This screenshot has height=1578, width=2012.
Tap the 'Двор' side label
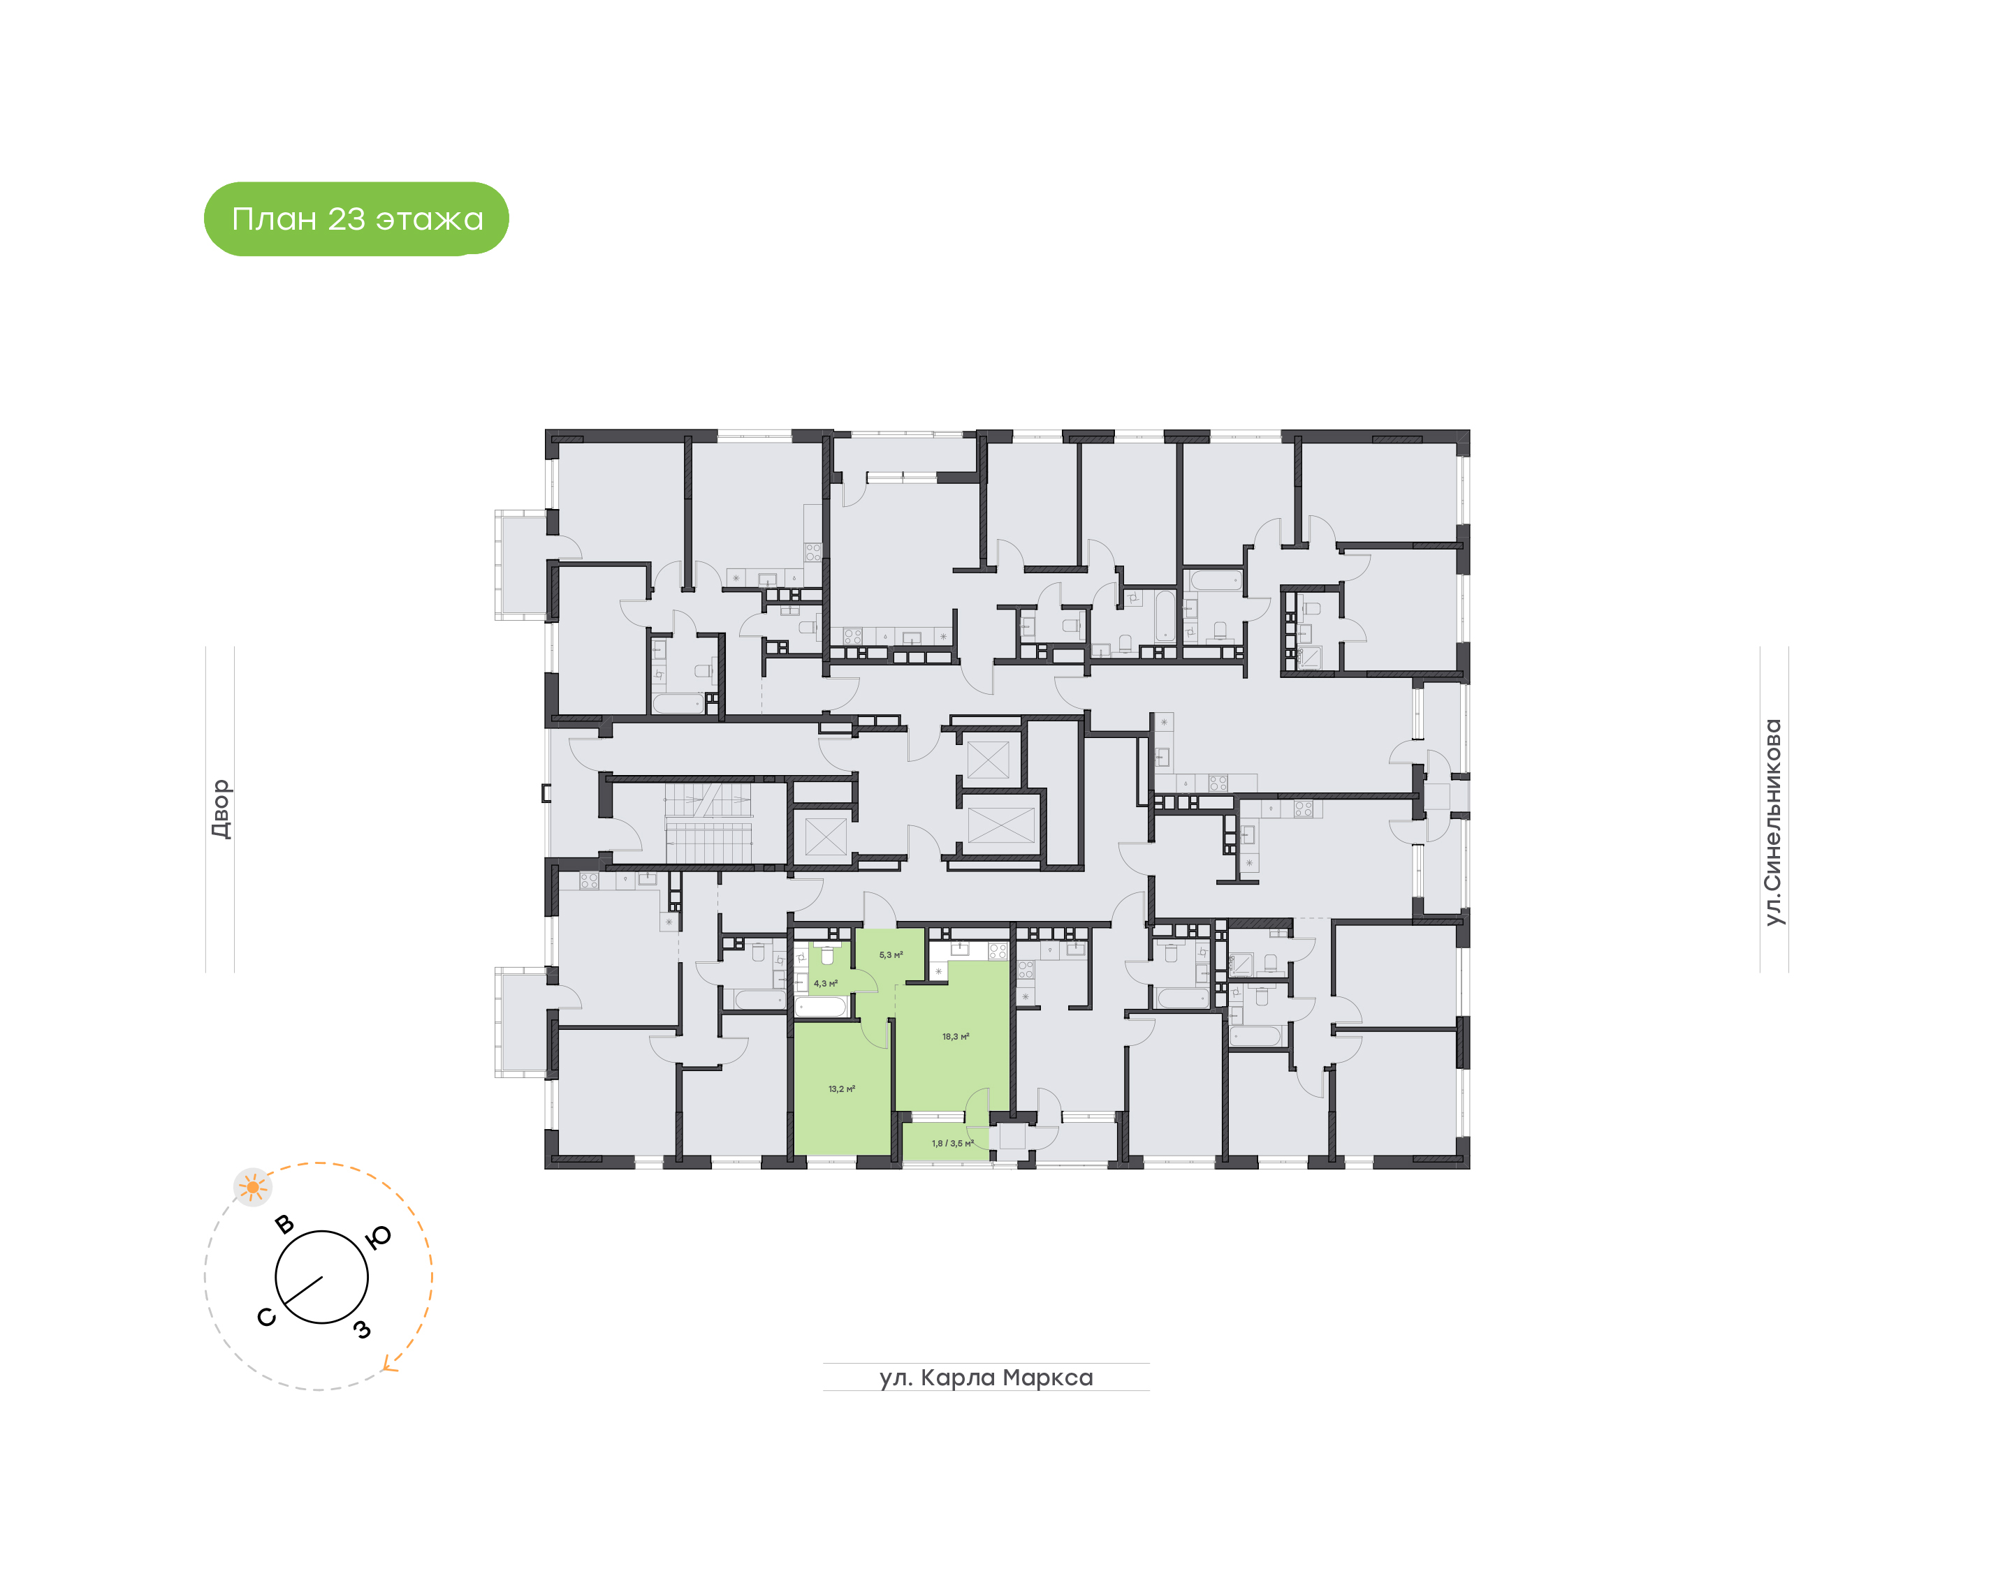click(220, 809)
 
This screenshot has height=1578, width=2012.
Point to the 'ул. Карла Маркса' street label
click(986, 1378)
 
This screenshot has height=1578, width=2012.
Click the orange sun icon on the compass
click(252, 1187)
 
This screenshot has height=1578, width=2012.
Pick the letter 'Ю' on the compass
click(379, 1238)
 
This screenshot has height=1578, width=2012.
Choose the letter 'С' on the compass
click(266, 1318)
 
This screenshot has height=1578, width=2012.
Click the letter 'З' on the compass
click(363, 1329)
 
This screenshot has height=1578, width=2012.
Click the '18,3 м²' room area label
click(955, 1037)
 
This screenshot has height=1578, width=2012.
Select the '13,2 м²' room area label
click(841, 1089)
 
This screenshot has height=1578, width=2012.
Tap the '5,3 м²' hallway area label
click(890, 954)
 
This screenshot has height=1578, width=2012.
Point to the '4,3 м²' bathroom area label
click(825, 984)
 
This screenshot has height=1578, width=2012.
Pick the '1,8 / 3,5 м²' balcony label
click(952, 1144)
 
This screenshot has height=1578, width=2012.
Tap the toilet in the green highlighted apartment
click(828, 954)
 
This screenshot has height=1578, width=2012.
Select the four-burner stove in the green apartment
click(997, 951)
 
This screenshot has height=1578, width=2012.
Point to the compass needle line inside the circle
click(303, 1290)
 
